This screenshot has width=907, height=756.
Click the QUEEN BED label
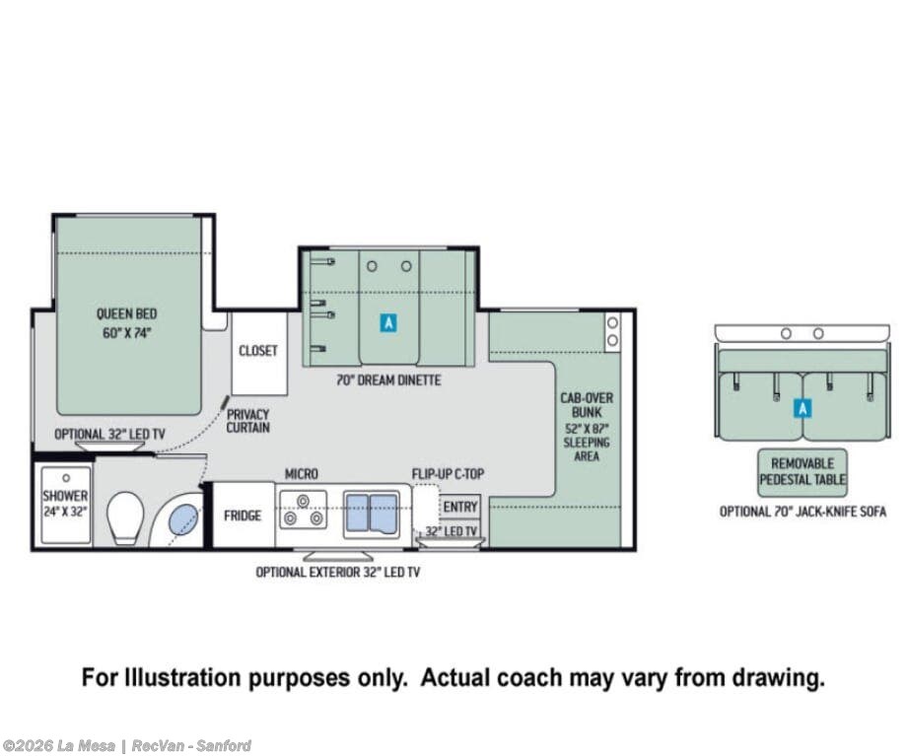(126, 314)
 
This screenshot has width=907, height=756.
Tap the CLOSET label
(258, 351)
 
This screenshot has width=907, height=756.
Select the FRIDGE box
(244, 515)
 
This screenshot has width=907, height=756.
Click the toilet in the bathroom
(125, 517)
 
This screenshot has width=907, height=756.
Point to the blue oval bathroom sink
(183, 519)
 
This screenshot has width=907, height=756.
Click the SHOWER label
(65, 496)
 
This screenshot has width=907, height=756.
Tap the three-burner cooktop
(303, 510)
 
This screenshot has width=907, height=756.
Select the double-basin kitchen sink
(371, 515)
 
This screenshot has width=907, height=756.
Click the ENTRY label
(460, 507)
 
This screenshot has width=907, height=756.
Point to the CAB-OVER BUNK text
(587, 405)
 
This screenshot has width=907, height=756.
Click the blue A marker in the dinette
(388, 322)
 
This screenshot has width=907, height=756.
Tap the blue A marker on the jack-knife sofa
(802, 408)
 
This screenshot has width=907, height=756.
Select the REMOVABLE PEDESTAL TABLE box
(802, 472)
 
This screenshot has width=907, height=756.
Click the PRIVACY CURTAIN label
(247, 421)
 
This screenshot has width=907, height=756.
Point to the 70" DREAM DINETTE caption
(388, 380)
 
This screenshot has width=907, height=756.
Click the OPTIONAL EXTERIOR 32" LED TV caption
(338, 572)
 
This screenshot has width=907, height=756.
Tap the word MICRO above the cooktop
(302, 474)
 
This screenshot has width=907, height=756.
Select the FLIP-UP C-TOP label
(448, 474)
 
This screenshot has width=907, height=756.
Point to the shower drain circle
(66, 478)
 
